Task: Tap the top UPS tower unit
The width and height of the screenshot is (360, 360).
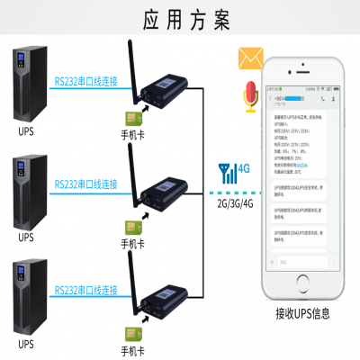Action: pos(28,85)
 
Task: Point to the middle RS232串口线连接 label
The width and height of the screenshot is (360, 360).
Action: pos(85,184)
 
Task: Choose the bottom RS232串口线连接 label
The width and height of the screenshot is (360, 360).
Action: pos(85,290)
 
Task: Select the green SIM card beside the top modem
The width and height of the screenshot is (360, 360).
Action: pos(131,116)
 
